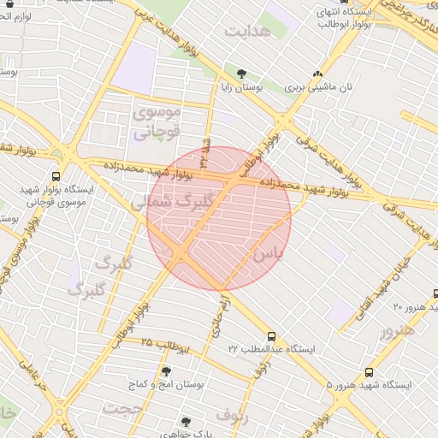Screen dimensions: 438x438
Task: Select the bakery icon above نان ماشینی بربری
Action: (x=318, y=74)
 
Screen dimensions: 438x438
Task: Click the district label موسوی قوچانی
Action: (x=157, y=121)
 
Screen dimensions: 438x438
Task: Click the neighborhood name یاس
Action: (x=266, y=254)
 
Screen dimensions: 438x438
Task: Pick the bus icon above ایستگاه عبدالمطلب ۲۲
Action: (x=272, y=336)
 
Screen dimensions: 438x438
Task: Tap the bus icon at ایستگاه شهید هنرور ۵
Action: (x=369, y=372)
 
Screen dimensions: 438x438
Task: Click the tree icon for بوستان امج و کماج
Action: (x=166, y=372)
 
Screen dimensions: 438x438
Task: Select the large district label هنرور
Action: (x=399, y=330)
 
